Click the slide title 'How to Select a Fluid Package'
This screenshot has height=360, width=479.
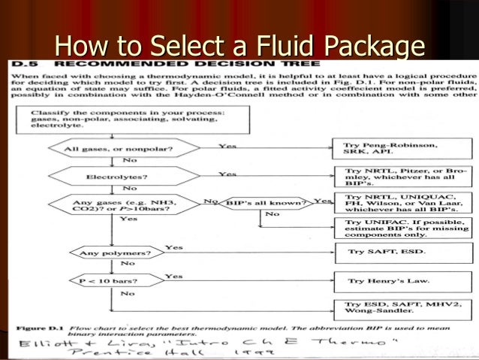[x=239, y=47]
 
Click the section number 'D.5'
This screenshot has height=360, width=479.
[x=23, y=65]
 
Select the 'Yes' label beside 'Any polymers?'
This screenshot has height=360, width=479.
[x=173, y=247]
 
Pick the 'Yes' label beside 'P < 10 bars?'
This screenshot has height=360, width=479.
[x=173, y=276]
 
